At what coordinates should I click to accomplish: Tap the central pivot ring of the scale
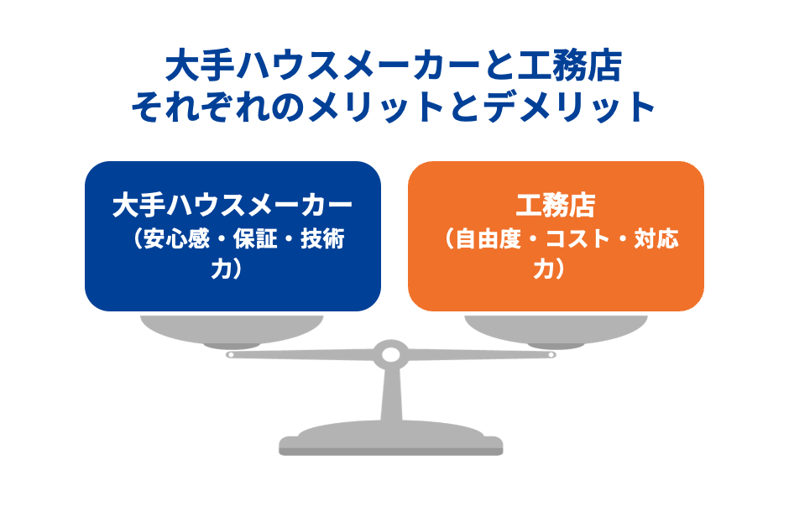(x=390, y=354)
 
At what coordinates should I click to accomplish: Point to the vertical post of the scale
(x=390, y=394)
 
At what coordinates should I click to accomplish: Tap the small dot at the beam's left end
(x=230, y=354)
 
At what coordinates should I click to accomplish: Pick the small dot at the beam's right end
(x=551, y=354)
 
